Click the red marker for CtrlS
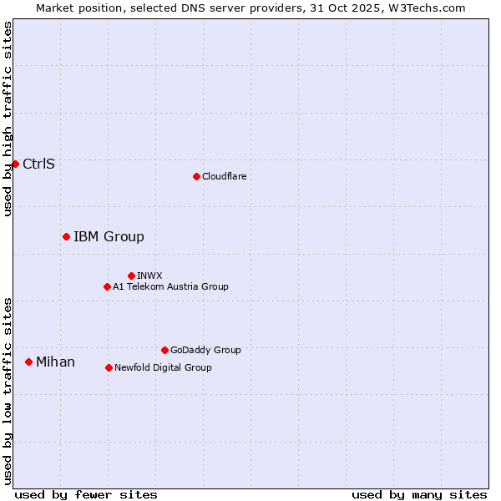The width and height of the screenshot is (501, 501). pos(15,164)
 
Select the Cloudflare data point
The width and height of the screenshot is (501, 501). pos(196,176)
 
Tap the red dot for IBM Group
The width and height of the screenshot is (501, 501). pos(66,236)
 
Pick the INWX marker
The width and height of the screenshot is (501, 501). pos(131,276)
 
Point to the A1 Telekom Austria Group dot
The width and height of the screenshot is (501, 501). pos(107,286)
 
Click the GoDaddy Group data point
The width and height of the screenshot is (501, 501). pos(164,350)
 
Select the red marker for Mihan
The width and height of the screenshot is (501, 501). pos(28,362)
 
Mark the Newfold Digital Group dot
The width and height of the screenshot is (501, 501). pos(109,367)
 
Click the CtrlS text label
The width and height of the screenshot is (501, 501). pos(38,164)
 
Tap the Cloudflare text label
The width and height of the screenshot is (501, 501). pos(224,176)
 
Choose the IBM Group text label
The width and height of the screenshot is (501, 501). pos(109,236)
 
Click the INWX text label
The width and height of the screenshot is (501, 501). pos(149,276)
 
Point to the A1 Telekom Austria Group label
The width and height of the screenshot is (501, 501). pos(170,286)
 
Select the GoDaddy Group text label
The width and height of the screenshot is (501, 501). pos(205,350)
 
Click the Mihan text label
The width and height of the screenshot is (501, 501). pos(55,362)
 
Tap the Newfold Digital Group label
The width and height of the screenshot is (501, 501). pos(163,367)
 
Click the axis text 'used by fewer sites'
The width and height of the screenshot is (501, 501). pos(86,494)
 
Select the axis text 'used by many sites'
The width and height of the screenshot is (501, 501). pos(419,494)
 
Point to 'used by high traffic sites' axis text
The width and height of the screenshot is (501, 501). pos(8,119)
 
